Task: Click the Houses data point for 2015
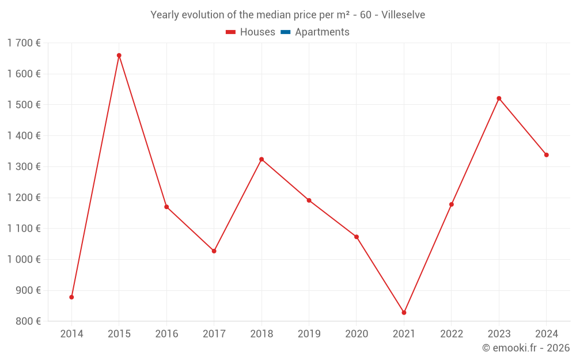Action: (x=119, y=55)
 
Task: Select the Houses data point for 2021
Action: (x=404, y=313)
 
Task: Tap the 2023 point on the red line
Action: (x=499, y=98)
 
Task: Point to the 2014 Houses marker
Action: (x=71, y=297)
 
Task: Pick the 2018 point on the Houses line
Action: (x=262, y=159)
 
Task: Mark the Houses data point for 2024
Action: (x=546, y=155)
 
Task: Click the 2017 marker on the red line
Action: (x=214, y=251)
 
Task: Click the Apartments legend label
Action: (x=322, y=32)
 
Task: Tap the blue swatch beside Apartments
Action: (x=285, y=32)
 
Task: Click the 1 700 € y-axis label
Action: (x=24, y=43)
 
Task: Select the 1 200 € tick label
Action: (x=24, y=198)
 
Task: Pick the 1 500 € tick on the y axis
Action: (x=24, y=105)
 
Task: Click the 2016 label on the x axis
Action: (x=166, y=334)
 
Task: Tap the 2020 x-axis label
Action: (x=357, y=334)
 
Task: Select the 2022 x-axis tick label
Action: (x=452, y=334)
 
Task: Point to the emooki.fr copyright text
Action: (x=525, y=348)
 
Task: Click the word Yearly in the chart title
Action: (x=165, y=15)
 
